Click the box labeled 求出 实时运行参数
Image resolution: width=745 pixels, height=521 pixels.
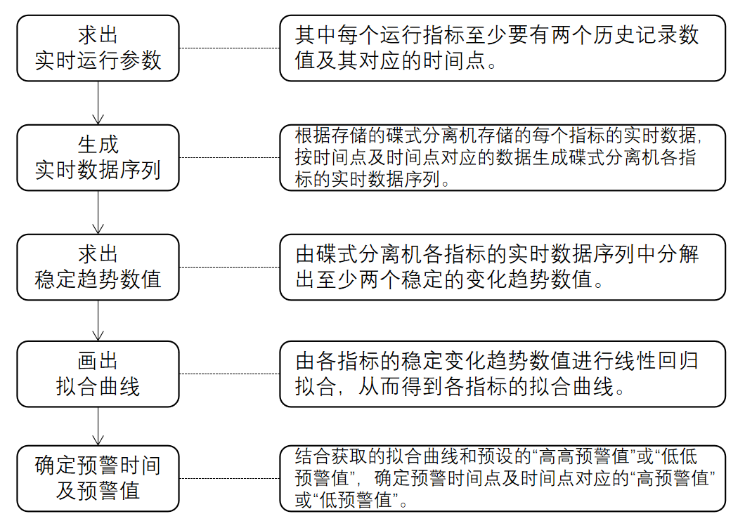point(98,48)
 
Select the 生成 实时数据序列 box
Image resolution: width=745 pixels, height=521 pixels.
point(98,157)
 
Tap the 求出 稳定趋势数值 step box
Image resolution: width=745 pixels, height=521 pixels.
point(98,267)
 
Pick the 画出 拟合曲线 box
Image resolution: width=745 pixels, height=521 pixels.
point(98,374)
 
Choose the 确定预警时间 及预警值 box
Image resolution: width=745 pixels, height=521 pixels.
point(98,478)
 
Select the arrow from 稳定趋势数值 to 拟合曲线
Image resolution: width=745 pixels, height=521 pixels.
point(98,321)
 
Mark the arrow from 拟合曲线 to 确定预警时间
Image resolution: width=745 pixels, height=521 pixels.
point(98,426)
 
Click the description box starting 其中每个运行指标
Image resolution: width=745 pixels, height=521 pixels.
point(502,48)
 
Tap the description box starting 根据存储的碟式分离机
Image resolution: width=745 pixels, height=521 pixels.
point(502,157)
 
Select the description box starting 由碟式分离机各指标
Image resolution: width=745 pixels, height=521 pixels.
point(502,267)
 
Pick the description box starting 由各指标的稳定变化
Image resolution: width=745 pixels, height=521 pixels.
point(502,374)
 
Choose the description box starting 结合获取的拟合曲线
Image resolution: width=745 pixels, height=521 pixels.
point(502,478)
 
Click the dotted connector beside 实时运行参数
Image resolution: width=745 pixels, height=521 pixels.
point(229,48)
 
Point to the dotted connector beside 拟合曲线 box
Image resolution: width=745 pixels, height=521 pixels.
point(229,374)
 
